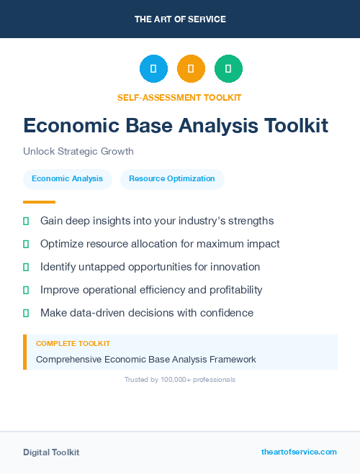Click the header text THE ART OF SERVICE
pos(179,19)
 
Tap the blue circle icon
pos(153,69)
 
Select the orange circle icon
pos(191,69)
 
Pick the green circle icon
pos(228,69)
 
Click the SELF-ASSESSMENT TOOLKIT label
pos(179,97)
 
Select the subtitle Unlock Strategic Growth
pos(78,152)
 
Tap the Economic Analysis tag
pos(68,178)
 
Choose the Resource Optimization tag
pos(172,178)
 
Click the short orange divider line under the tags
pos(39,202)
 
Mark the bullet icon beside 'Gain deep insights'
pos(26,221)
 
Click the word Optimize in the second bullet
pos(62,244)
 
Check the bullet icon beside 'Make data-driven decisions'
pos(26,313)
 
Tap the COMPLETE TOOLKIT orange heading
pos(73,344)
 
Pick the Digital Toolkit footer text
pos(51,452)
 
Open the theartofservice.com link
pos(299,452)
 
